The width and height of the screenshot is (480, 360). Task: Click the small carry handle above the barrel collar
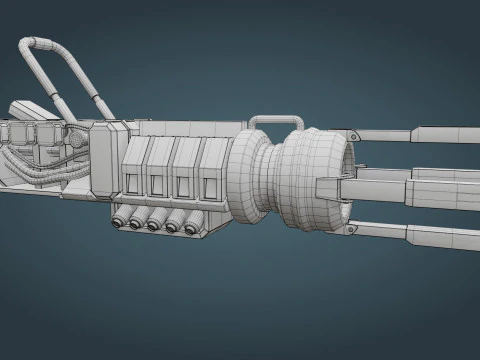[274, 122]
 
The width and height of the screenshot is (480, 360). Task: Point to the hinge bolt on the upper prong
[351, 134]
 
